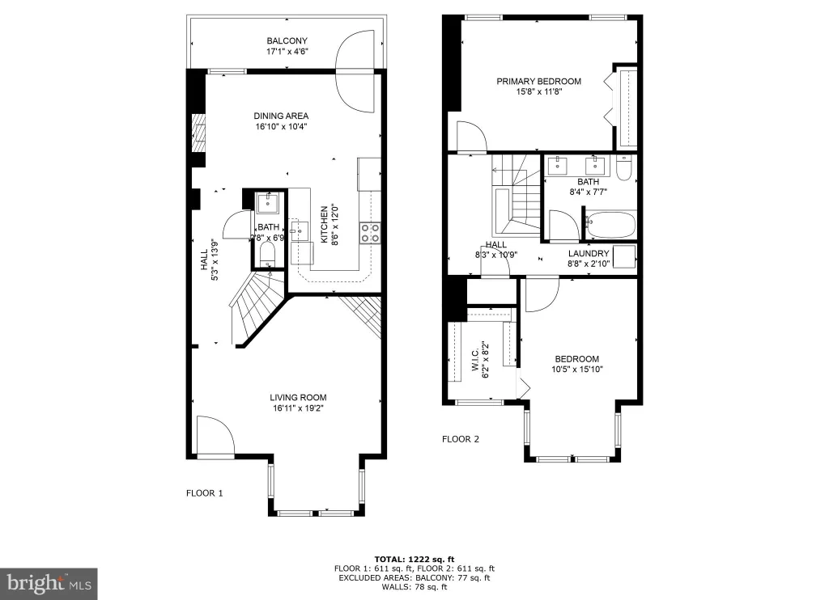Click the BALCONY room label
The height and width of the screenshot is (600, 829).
click(x=287, y=40)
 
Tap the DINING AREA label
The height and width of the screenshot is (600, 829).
click(x=281, y=116)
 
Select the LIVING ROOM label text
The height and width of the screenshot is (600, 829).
click(x=298, y=398)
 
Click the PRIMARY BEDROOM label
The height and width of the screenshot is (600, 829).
click(x=538, y=82)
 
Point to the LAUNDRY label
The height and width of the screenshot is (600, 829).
click(x=589, y=254)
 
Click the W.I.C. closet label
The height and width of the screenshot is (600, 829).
click(x=474, y=359)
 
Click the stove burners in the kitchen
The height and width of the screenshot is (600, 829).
click(x=370, y=233)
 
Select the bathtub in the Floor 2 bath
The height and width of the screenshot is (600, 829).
click(x=610, y=225)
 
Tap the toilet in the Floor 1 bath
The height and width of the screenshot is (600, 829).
click(x=268, y=256)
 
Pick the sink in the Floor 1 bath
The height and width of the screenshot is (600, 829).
click(x=268, y=203)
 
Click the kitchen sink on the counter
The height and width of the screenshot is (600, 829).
click(x=300, y=230)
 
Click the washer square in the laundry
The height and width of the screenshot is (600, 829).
click(x=624, y=256)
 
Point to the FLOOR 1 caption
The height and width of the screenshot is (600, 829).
click(x=205, y=493)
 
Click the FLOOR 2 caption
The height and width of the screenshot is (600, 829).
click(x=461, y=439)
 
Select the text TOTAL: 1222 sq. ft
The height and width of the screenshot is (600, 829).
click(x=414, y=560)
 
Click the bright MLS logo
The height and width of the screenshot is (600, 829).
click(x=49, y=584)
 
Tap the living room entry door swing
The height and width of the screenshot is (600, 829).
click(x=215, y=435)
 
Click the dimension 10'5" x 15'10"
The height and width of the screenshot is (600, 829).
click(x=576, y=370)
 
